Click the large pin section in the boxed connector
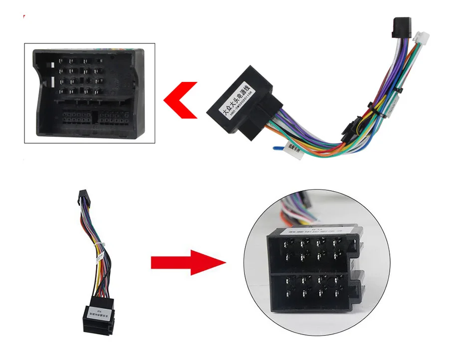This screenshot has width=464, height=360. point(80,77)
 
